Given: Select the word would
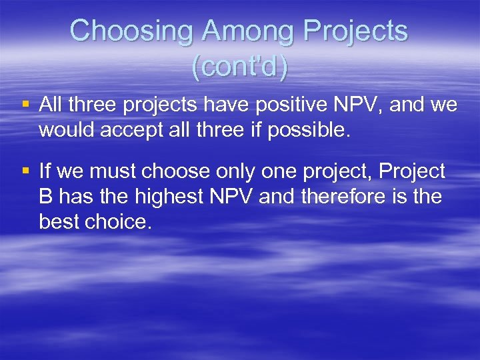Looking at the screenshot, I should click(x=67, y=130).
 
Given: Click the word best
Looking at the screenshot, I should click(x=60, y=221).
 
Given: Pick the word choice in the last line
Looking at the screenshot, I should click(x=119, y=221).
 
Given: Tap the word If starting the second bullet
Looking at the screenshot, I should click(x=45, y=172).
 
